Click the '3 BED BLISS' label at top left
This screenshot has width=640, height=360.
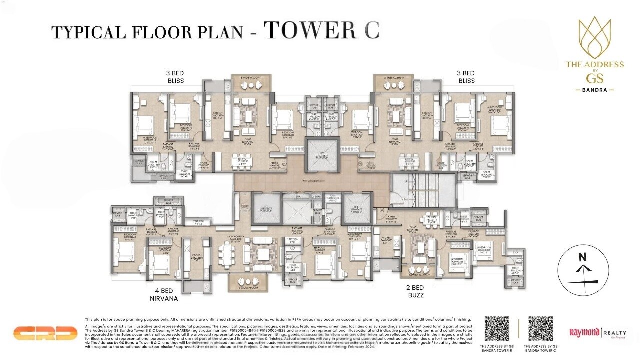click(x=175, y=77)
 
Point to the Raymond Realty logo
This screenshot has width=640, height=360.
click(x=598, y=333)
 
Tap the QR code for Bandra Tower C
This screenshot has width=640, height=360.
click(x=540, y=328)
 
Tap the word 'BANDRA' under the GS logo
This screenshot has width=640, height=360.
click(x=595, y=90)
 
